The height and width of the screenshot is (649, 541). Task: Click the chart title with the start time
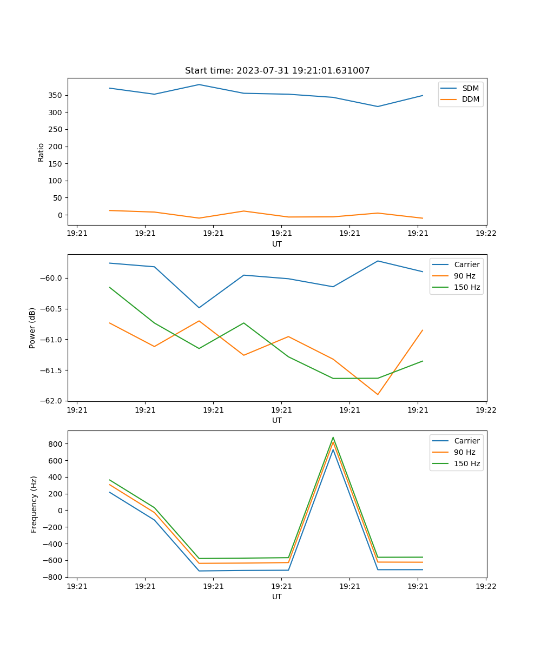pyautogui.click(x=277, y=71)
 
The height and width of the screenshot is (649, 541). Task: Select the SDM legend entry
pyautogui.click(x=470, y=88)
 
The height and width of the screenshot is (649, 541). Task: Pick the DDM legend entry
pyautogui.click(x=470, y=100)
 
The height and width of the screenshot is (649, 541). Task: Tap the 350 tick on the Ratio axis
pyautogui.click(x=56, y=95)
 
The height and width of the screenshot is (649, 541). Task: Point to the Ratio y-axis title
pyautogui.click(x=41, y=152)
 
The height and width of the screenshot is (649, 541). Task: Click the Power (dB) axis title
pyautogui.click(x=32, y=328)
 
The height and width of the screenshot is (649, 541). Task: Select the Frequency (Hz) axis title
pyautogui.click(x=34, y=504)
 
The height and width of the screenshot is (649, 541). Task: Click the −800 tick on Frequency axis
pyautogui.click(x=54, y=577)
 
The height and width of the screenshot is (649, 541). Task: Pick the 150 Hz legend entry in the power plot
pyautogui.click(x=467, y=287)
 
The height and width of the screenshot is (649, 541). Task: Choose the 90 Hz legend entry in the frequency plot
pyautogui.click(x=464, y=452)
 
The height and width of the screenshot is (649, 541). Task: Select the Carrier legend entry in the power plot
pyautogui.click(x=466, y=264)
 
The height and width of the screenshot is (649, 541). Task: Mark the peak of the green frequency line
pyautogui.click(x=333, y=438)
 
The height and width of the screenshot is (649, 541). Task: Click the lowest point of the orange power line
pyautogui.click(x=378, y=394)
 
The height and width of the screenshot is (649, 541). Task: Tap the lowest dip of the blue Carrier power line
pyautogui.click(x=199, y=308)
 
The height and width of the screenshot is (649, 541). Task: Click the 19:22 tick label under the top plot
pyautogui.click(x=485, y=233)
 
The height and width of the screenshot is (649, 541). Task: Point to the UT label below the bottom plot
pyautogui.click(x=277, y=597)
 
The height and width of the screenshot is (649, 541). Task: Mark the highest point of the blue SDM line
pyautogui.click(x=199, y=84)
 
